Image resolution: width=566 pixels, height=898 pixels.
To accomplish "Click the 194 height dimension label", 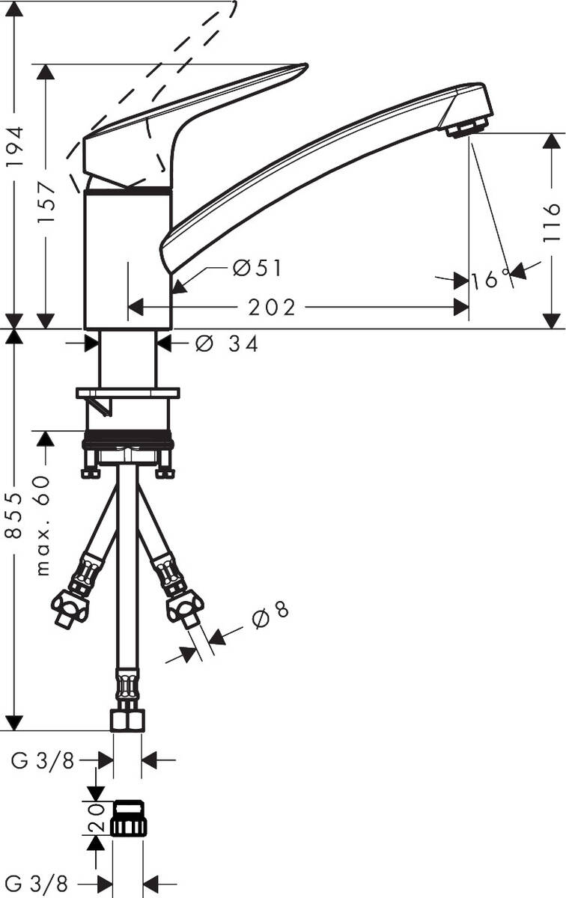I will click(x=16, y=146).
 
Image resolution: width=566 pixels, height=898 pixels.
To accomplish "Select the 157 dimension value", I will click(x=47, y=202).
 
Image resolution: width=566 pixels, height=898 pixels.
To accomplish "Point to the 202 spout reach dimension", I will click(x=273, y=308).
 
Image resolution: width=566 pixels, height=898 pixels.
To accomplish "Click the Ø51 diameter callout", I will click(x=258, y=268).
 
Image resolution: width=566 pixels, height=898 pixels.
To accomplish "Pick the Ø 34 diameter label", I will click(x=227, y=344).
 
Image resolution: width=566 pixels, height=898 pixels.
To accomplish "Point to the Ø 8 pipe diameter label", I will click(x=270, y=614).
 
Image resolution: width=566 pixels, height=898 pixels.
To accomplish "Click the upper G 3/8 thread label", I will click(x=43, y=761).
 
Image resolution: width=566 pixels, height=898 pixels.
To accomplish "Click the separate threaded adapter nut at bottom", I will click(x=128, y=818).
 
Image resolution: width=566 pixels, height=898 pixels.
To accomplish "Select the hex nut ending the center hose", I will click(x=127, y=720).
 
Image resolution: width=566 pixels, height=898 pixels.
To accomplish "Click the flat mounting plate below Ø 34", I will click(x=128, y=393).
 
